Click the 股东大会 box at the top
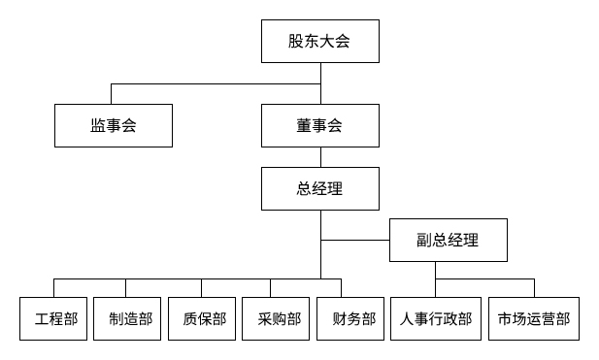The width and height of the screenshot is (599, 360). (x=319, y=41)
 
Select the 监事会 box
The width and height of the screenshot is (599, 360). (x=113, y=125)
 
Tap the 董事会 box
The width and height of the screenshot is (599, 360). (x=319, y=125)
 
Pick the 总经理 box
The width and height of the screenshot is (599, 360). (x=319, y=188)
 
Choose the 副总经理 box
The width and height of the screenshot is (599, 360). (x=449, y=240)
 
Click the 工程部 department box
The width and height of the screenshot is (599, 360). (x=54, y=318)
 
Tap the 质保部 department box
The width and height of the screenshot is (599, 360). (x=203, y=318)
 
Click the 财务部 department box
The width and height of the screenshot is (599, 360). (x=352, y=318)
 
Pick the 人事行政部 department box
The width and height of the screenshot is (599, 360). (x=436, y=318)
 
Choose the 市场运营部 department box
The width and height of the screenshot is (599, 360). (x=534, y=318)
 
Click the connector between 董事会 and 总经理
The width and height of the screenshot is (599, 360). (x=320, y=157)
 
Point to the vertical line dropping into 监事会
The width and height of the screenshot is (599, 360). (x=113, y=94)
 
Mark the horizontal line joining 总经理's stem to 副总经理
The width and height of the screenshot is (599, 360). (x=355, y=240)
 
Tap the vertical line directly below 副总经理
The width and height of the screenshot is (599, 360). (x=436, y=271)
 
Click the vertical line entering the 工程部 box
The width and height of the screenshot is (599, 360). (x=54, y=288)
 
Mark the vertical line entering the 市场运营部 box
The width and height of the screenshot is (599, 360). (x=534, y=288)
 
